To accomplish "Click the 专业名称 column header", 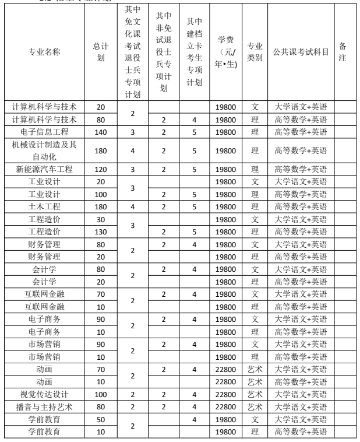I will click(x=44, y=52).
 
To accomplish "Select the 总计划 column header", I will click(x=101, y=52).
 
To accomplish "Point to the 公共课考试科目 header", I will click(x=301, y=52).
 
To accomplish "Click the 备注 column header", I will click(x=343, y=52).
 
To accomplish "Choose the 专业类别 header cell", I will click(x=254, y=52).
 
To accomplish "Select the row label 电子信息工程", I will click(x=44, y=132).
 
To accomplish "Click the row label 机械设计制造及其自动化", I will click(x=44, y=150).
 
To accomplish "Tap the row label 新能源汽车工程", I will click(x=44, y=169).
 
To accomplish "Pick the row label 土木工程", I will click(x=44, y=206).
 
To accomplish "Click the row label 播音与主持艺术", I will click(x=44, y=406).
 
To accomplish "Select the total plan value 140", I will click(x=101, y=132).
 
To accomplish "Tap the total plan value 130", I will click(x=101, y=231).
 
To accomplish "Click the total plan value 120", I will click(x=101, y=169).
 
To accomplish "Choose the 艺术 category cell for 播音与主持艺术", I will click(x=254, y=406).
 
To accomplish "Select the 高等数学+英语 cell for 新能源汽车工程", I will click(x=301, y=169).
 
